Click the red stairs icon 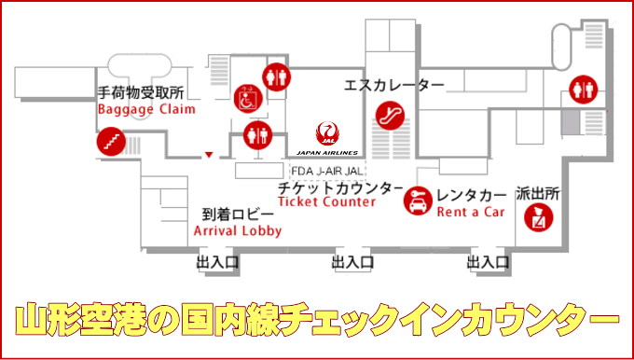tap(110, 143)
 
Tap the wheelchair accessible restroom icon tap(245, 96)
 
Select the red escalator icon tap(389, 116)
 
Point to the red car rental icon tap(416, 201)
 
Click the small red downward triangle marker tap(210, 155)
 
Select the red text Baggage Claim tap(147, 108)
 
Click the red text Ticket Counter tap(327, 202)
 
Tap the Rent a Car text tap(471, 212)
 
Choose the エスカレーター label tap(393, 86)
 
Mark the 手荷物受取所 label tap(141, 93)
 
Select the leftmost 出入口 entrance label tap(217, 263)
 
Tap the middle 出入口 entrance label tap(354, 263)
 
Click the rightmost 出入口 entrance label tap(489, 263)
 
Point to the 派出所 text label tap(538, 195)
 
